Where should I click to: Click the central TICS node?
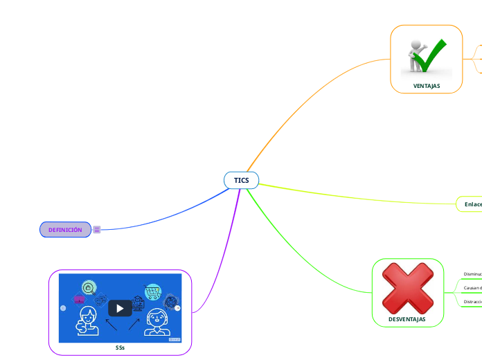pyautogui.click(x=241, y=180)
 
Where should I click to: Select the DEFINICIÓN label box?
pyautogui.click(x=65, y=230)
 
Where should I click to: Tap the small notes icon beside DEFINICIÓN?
pyautogui.click(x=97, y=230)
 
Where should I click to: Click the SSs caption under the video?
pyautogui.click(x=120, y=348)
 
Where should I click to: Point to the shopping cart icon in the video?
pyautogui.click(x=153, y=291)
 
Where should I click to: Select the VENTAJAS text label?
pyautogui.click(x=427, y=86)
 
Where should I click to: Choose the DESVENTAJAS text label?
pyautogui.click(x=407, y=319)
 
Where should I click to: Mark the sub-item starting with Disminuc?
pyautogui.click(x=472, y=274)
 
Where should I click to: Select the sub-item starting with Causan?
pyautogui.click(x=472, y=288)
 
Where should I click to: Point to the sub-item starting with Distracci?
pyautogui.click(x=472, y=302)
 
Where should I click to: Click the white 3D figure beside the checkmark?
pyautogui.click(x=416, y=55)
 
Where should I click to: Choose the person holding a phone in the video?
pyautogui.click(x=87, y=323)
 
